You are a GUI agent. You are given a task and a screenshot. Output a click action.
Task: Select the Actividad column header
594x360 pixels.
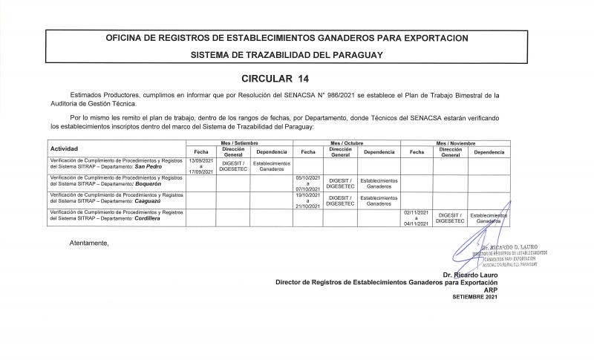click(64, 149)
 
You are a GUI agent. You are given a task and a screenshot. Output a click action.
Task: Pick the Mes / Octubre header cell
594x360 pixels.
click(347, 143)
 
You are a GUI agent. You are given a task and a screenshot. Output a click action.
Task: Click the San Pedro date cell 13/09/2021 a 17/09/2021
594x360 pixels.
click(200, 166)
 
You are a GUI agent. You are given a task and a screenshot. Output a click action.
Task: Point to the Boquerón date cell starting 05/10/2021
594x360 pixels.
click(307, 183)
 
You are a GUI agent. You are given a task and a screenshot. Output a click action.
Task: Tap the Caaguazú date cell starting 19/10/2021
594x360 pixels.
click(307, 200)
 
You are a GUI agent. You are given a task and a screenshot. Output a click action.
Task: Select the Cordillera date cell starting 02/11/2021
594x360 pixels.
click(416, 217)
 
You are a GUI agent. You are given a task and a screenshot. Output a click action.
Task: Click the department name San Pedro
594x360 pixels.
click(148, 167)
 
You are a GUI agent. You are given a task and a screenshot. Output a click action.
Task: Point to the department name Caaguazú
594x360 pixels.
click(152, 201)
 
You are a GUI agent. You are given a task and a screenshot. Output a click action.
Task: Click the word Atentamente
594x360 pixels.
click(89, 243)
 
